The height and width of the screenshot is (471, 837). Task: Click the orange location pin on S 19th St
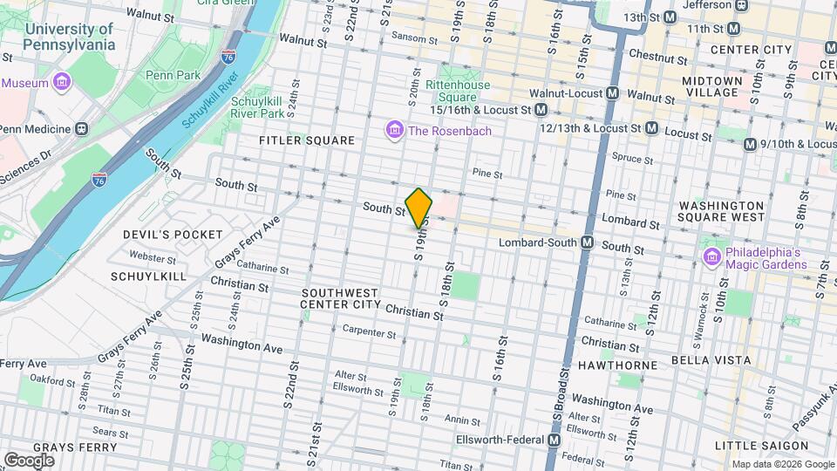click(418, 208)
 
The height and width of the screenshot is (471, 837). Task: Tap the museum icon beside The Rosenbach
click(394, 131)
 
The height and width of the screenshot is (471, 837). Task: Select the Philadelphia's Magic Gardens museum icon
click(711, 257)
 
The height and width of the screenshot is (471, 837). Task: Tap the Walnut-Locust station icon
click(613, 93)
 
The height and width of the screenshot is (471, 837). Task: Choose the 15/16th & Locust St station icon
click(541, 110)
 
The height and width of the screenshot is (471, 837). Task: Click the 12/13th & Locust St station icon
click(650, 128)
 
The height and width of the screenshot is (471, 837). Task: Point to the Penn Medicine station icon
click(81, 129)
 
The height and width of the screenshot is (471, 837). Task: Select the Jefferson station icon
click(741, 4)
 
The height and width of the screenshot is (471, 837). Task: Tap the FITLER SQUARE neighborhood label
click(307, 140)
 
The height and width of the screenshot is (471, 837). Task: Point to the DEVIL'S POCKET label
click(174, 235)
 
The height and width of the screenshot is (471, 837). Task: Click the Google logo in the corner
click(29, 460)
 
